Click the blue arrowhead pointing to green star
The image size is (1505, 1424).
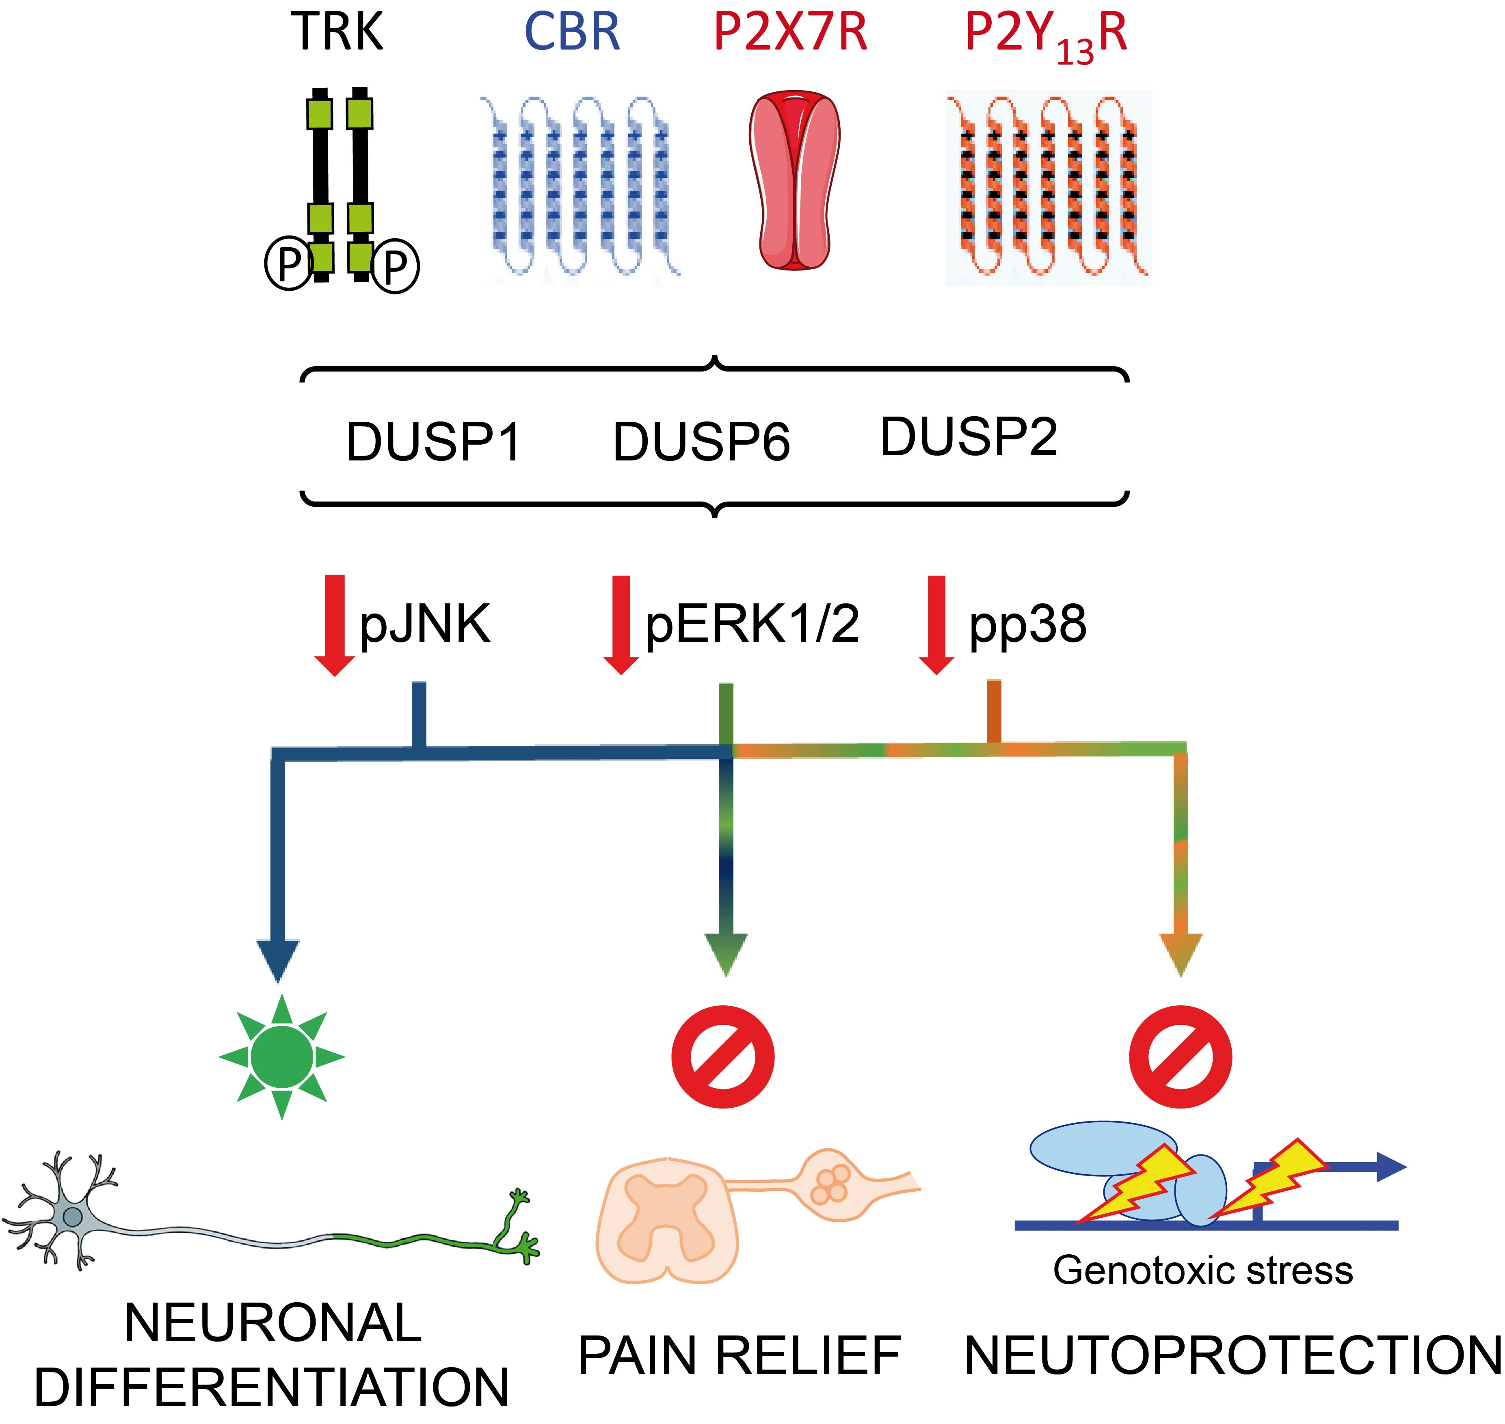(x=278, y=960)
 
